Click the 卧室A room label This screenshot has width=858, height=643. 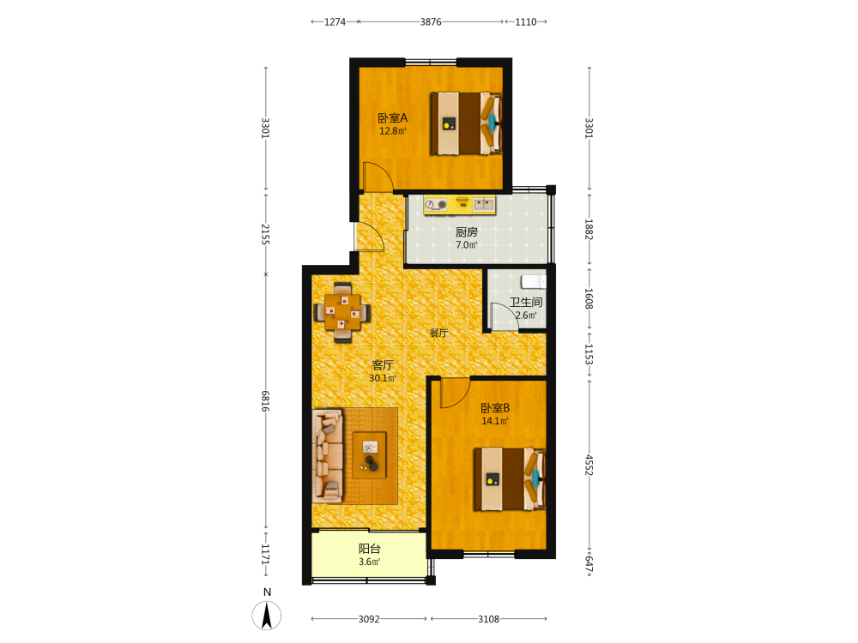click(x=393, y=118)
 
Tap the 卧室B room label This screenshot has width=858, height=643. click(x=495, y=408)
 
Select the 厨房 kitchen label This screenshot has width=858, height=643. click(x=466, y=232)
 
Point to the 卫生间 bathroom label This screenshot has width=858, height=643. click(x=527, y=302)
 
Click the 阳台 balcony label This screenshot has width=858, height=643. click(x=369, y=549)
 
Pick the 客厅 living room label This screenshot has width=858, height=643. click(x=383, y=364)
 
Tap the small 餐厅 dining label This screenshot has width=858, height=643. click(x=438, y=333)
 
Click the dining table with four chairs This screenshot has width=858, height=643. click(x=342, y=312)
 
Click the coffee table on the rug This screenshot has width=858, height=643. click(x=369, y=455)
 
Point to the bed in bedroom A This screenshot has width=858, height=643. click(x=466, y=123)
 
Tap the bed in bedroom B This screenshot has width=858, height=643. click(x=510, y=479)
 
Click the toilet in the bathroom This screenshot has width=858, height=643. click(x=534, y=281)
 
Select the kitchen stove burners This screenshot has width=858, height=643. click(x=436, y=205)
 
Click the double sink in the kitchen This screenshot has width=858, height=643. click(x=484, y=205)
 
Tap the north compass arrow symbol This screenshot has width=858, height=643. click(x=267, y=616)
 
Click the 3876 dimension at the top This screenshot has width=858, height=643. click(x=431, y=22)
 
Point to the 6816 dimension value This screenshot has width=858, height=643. click(x=265, y=400)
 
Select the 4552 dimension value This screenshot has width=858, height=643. click(x=589, y=465)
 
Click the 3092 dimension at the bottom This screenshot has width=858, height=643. click(x=369, y=619)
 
